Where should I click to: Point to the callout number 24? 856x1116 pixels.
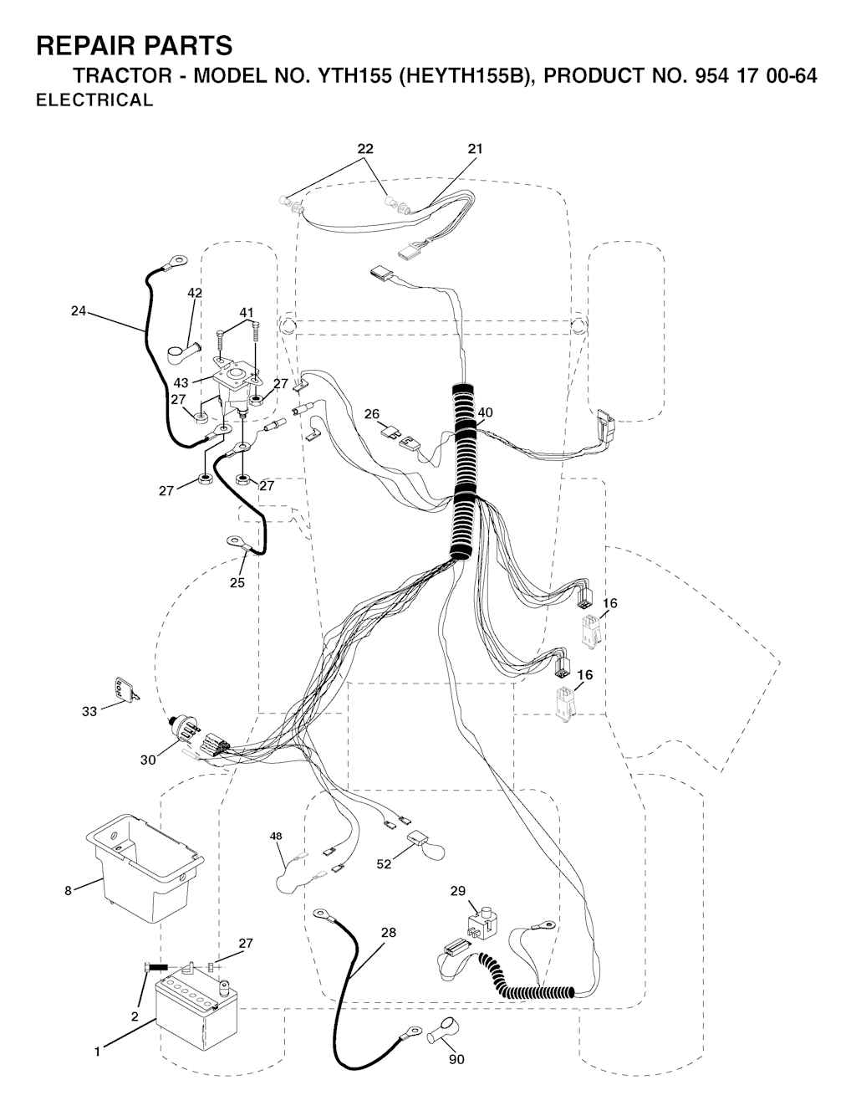[x=79, y=310]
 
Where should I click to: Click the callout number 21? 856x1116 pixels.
[x=475, y=149]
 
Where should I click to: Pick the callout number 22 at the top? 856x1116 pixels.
[x=364, y=149]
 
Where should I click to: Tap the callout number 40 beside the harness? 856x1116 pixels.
[x=485, y=412]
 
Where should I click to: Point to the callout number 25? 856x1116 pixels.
[x=237, y=583]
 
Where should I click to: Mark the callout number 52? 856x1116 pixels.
[x=384, y=864]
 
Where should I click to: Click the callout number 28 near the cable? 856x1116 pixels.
[x=389, y=932]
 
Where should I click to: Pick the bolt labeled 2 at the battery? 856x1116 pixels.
[x=156, y=968]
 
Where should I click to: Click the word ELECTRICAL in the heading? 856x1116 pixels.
[x=94, y=100]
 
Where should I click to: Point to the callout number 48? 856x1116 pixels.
[x=276, y=837]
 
